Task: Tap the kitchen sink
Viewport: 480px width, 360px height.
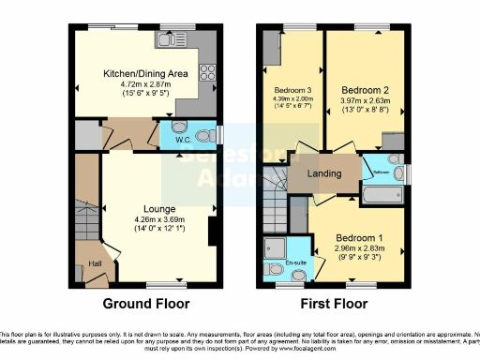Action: (168, 40)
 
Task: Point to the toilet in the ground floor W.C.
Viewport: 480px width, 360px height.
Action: (180, 129)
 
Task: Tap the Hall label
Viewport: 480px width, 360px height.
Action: (95, 264)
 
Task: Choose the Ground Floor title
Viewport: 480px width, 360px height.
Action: (146, 304)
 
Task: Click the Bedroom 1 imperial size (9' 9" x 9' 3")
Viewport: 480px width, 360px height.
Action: (362, 259)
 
